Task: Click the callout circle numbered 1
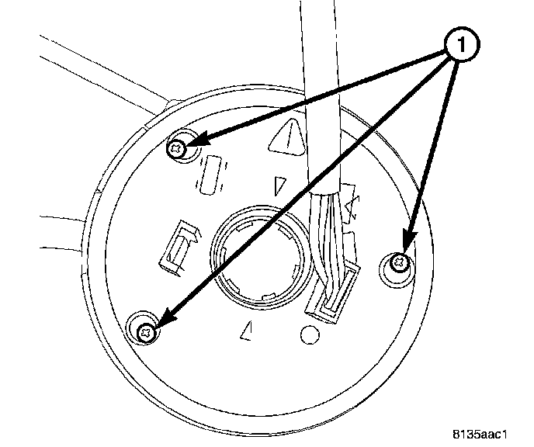click(x=462, y=47)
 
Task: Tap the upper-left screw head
click(x=179, y=146)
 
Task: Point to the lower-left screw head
click(x=145, y=331)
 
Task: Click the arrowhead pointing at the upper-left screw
click(x=199, y=140)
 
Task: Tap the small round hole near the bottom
click(x=309, y=335)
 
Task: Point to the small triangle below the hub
click(x=248, y=330)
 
